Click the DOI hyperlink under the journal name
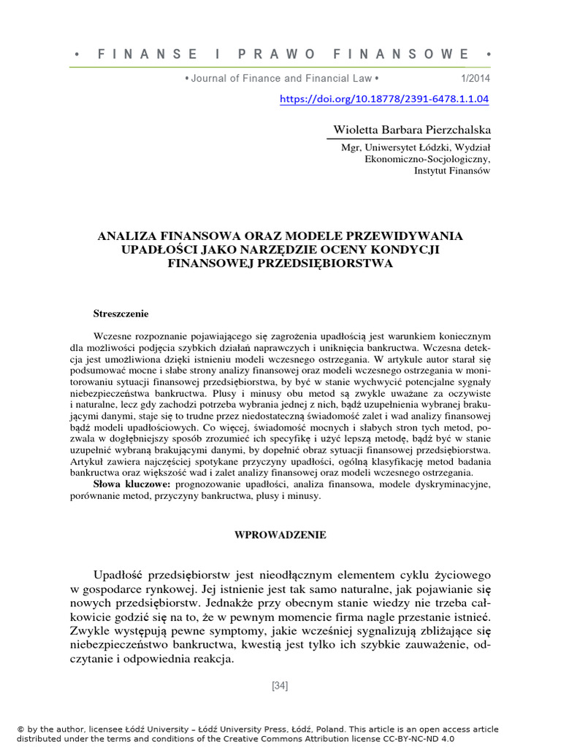(384, 98)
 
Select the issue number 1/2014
(476, 78)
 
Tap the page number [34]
(280, 685)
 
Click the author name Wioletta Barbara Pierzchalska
(412, 130)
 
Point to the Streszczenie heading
(121, 314)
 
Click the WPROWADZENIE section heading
(280, 535)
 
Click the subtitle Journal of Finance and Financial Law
(281, 78)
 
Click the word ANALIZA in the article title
(126, 236)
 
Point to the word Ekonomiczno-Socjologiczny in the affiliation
(427, 158)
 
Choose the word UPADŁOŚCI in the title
(159, 249)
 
